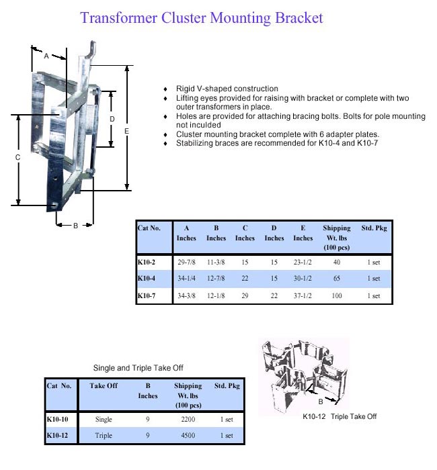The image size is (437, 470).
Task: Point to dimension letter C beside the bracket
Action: click(x=18, y=157)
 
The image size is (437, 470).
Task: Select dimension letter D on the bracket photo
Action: click(x=112, y=119)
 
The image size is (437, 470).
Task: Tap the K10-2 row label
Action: click(x=146, y=262)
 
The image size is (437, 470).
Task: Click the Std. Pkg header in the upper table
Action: click(x=374, y=228)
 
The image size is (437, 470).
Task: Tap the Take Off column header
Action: click(x=104, y=386)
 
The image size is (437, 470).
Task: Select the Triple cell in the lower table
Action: click(x=104, y=436)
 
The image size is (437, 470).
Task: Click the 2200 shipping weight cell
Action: click(x=188, y=419)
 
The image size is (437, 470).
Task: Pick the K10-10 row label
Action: click(x=57, y=419)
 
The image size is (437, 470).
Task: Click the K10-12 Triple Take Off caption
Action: click(x=339, y=416)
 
